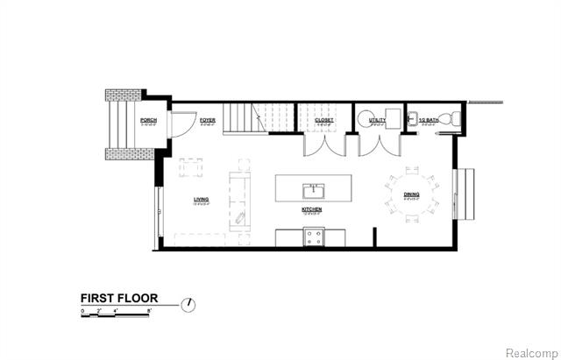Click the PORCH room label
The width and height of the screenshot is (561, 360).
(148, 119)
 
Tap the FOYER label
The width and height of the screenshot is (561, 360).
(207, 119)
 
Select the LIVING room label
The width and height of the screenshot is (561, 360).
(202, 199)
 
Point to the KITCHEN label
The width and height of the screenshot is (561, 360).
(311, 210)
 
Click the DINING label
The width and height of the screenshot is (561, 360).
(411, 194)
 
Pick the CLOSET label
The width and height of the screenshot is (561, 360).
(324, 119)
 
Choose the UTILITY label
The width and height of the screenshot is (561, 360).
(378, 119)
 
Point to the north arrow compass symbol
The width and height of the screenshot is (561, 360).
(188, 305)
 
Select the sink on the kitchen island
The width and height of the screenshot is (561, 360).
(311, 190)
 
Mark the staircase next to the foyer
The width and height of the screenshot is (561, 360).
(257, 118)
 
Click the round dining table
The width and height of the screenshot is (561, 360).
(410, 195)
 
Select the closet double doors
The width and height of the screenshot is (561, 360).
(321, 145)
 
